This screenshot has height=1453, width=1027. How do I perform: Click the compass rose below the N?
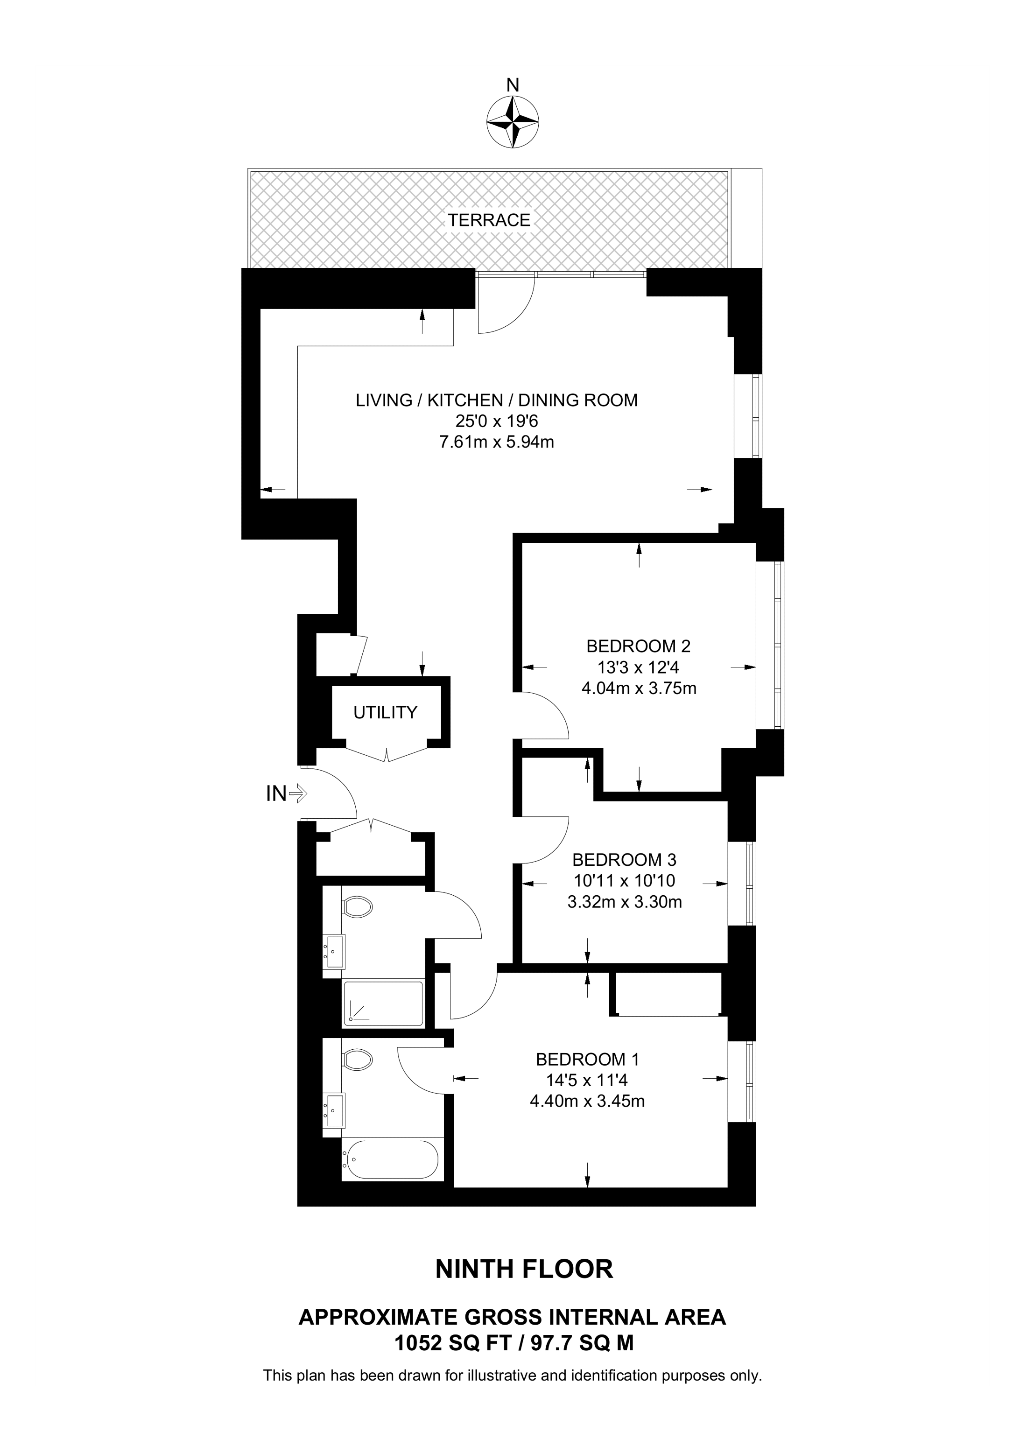(x=513, y=122)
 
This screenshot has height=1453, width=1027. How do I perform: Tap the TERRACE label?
(x=489, y=220)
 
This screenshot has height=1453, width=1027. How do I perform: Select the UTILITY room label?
(x=386, y=713)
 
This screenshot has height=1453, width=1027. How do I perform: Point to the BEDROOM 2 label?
(x=639, y=646)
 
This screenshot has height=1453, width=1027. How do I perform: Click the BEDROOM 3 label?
(x=625, y=860)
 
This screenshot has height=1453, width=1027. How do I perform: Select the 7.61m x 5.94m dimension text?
(x=497, y=442)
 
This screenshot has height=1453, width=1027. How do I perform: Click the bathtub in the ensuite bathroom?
(x=390, y=1159)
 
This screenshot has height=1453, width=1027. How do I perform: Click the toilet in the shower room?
(x=356, y=907)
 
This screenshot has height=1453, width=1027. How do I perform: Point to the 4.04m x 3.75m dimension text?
(x=639, y=688)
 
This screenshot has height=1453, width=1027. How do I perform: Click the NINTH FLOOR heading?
(x=525, y=1270)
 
